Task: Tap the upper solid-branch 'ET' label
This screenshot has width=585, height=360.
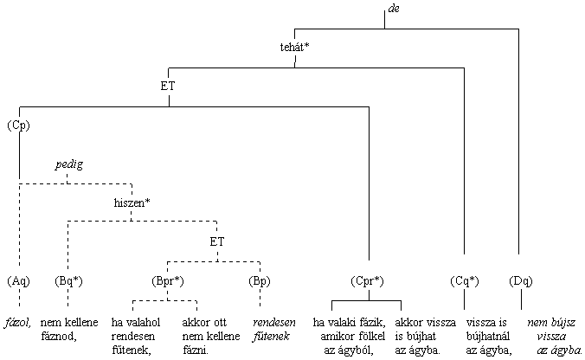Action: pos(169,86)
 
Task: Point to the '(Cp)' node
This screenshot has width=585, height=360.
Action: pos(18,125)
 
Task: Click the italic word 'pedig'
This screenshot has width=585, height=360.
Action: pos(69,164)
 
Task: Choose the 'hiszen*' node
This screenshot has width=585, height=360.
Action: pos(132,202)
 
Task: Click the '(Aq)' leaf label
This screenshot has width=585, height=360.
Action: pos(18,281)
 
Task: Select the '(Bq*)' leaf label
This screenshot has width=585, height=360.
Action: pos(67,281)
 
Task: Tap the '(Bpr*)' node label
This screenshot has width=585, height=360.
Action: pos(167,281)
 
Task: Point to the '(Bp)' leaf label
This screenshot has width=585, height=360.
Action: pos(260,281)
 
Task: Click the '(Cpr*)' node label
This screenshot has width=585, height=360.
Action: pos(368,281)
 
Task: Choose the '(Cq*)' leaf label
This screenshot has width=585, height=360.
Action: pos(465,281)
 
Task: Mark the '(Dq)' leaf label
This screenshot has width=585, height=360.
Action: pos(521,281)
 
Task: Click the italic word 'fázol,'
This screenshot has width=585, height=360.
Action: pos(18,322)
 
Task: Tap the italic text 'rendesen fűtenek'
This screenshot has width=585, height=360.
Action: pos(272,329)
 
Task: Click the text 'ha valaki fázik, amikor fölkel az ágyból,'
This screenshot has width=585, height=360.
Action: pos(348,336)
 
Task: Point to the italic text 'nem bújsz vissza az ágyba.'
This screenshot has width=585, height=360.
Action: pos(554,336)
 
